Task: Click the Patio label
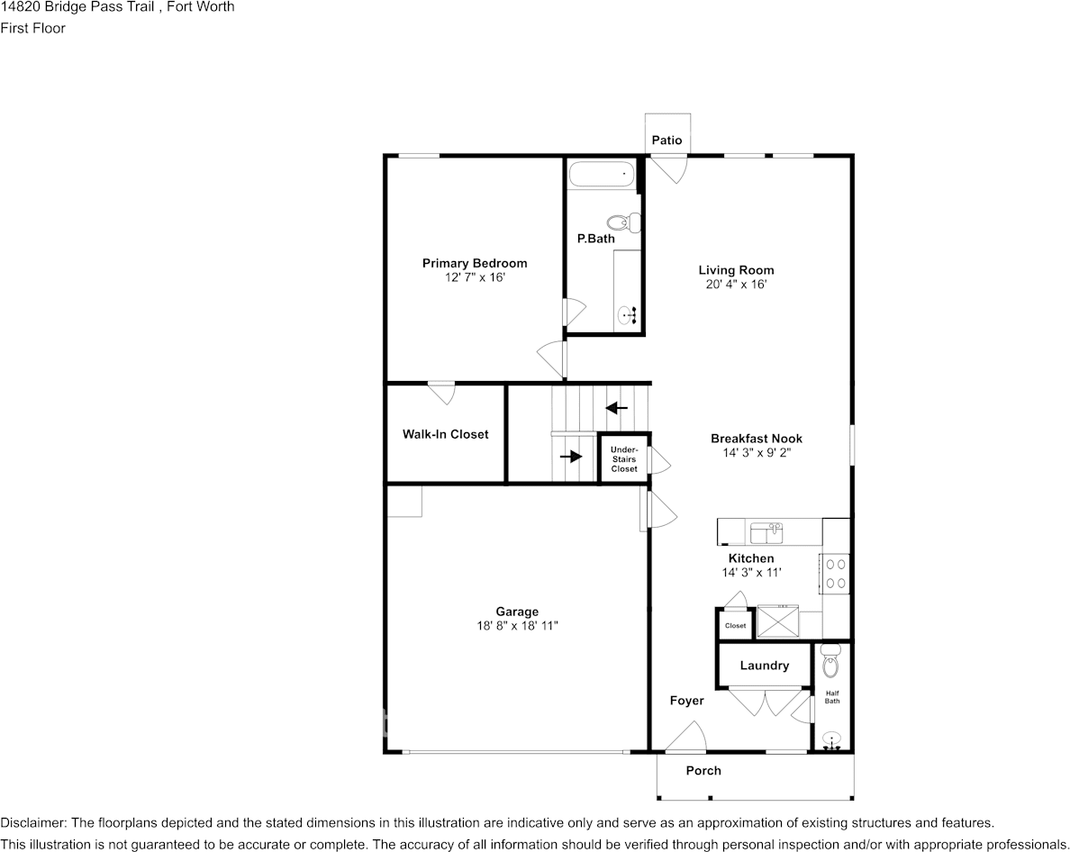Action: pos(666,140)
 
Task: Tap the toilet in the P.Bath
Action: pos(623,222)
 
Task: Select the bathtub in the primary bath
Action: pos(602,174)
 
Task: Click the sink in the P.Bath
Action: pos(627,315)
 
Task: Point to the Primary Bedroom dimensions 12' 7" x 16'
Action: pos(475,277)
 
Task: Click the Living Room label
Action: pos(737,270)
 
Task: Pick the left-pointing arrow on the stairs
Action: pos(617,408)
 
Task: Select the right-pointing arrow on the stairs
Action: pos(571,456)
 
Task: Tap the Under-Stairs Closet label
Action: pos(624,459)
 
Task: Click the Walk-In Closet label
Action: pos(446,434)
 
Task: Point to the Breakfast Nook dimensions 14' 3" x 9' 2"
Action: pos(757,452)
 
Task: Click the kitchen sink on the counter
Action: pos(766,533)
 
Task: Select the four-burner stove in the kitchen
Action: pos(835,574)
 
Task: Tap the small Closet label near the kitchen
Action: pos(736,626)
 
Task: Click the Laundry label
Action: pos(765,665)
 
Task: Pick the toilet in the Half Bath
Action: pos(830,660)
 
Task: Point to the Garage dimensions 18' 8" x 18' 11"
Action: pos(517,626)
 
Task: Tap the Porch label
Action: pos(703,770)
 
